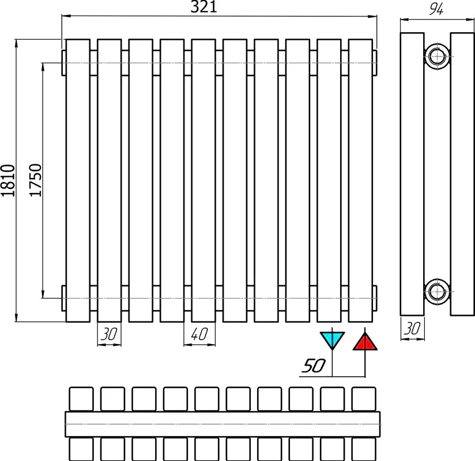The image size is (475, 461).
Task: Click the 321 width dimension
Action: point(203,7)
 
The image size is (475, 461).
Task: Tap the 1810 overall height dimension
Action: point(8,180)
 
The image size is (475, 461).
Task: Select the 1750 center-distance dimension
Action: point(35,180)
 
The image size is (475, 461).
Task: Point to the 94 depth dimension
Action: point(436,9)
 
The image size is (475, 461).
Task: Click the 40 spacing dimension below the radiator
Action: point(199,334)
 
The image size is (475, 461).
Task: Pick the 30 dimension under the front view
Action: point(109,334)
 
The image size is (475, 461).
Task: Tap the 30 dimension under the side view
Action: point(412,328)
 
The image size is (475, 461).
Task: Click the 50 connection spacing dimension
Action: point(314,365)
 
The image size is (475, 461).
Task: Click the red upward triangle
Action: point(365,342)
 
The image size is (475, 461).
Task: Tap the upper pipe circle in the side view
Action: point(437,56)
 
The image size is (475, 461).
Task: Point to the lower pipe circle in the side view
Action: point(437,292)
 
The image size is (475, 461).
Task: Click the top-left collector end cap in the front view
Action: point(63,63)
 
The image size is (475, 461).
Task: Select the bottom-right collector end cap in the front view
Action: point(375,298)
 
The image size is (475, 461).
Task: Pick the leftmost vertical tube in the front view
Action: point(78,180)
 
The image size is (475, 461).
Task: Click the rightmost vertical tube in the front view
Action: point(360,180)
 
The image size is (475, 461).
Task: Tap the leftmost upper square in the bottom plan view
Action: point(81,399)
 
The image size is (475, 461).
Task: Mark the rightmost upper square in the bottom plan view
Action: point(364,399)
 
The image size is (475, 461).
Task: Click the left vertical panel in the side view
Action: point(412,174)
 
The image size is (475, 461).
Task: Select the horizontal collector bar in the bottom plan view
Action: point(223,424)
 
